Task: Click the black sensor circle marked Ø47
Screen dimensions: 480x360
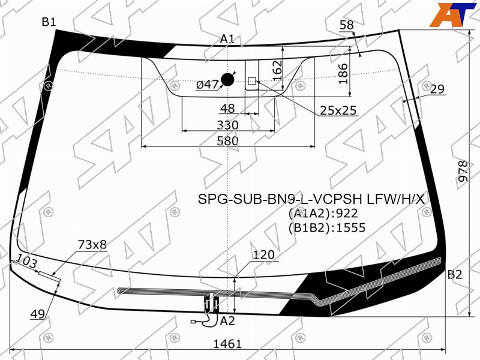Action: (227, 80)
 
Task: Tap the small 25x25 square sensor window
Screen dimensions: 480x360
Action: (251, 81)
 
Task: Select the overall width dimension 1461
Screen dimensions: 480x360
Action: (227, 344)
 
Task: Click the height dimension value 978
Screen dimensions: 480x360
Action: (463, 171)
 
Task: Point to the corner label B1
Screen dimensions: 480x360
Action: (49, 22)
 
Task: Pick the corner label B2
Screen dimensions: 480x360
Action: (455, 274)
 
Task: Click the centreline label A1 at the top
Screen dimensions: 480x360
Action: (227, 39)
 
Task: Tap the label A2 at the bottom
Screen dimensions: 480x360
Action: (227, 321)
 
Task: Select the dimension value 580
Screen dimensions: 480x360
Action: (227, 141)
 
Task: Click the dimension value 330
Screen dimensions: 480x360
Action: (227, 125)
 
